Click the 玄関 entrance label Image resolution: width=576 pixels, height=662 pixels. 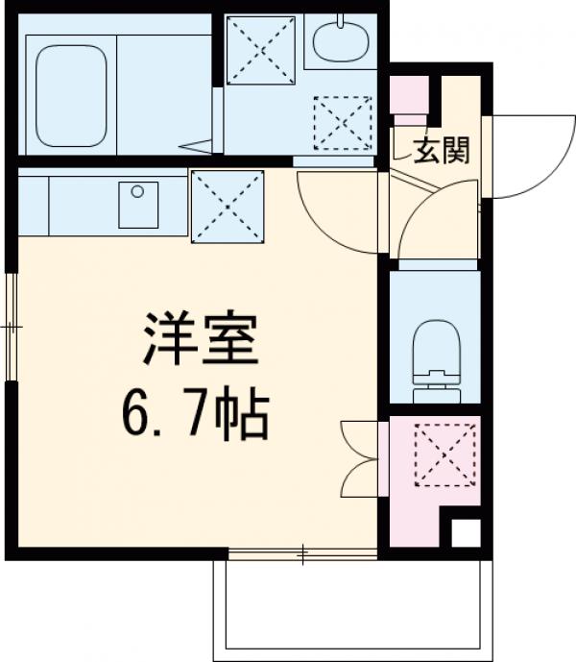441,150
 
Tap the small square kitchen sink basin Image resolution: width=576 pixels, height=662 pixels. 138,205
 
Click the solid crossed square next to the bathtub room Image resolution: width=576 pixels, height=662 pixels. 260,51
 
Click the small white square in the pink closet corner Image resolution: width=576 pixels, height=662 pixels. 465,532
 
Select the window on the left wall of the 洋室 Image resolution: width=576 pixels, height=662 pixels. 12,327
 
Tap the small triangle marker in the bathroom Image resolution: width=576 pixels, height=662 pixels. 200,145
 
